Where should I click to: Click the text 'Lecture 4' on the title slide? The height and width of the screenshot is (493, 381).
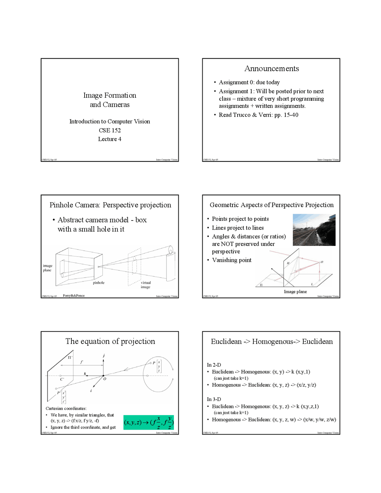[110, 139]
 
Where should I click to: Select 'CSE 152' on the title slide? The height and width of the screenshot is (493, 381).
[110, 130]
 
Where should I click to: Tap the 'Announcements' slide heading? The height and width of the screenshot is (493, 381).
[271, 68]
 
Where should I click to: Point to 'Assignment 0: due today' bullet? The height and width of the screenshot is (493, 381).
[249, 82]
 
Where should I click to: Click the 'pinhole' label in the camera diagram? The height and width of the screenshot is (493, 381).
[99, 283]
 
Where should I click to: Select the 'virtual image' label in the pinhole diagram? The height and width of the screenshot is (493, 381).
[146, 285]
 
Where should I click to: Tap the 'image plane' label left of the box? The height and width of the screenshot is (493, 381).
[47, 268]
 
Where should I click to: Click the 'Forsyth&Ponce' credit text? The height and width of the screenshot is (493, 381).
[74, 296]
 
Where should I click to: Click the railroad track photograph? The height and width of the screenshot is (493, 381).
[314, 230]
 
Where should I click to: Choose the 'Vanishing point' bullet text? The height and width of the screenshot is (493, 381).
[232, 260]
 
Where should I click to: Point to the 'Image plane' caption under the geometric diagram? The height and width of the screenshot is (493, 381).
[295, 291]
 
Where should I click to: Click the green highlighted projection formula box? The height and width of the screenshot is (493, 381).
[149, 422]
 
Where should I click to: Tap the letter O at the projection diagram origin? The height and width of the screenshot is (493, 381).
[105, 379]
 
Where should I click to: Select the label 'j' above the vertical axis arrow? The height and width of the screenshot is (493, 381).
[104, 355]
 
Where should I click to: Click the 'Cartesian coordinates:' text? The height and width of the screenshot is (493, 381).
[66, 408]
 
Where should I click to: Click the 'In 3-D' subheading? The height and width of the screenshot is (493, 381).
[214, 399]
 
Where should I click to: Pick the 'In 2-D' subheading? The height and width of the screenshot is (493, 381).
[214, 365]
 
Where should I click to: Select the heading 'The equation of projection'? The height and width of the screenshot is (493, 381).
[110, 341]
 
